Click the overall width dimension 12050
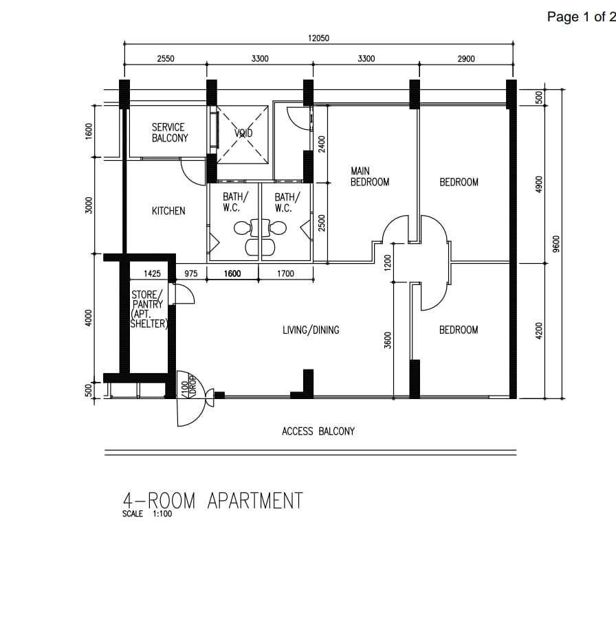[x=318, y=38]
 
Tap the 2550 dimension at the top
[x=166, y=59]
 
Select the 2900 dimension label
[x=466, y=59]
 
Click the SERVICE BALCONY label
[x=170, y=133]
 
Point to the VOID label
[x=243, y=133]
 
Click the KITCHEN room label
[x=168, y=211]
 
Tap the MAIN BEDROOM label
[x=370, y=177]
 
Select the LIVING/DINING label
[x=311, y=330]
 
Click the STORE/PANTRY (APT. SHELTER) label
[x=148, y=309]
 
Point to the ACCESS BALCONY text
[x=318, y=431]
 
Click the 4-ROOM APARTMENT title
[x=212, y=501]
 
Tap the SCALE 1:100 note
[x=147, y=514]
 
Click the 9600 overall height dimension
[x=556, y=244]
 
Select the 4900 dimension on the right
[x=539, y=184]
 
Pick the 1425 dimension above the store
[x=153, y=273]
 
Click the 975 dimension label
[x=191, y=273]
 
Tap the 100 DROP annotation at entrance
[x=189, y=385]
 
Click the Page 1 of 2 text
[x=582, y=16]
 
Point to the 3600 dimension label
[x=388, y=340]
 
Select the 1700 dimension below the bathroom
[x=285, y=273]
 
